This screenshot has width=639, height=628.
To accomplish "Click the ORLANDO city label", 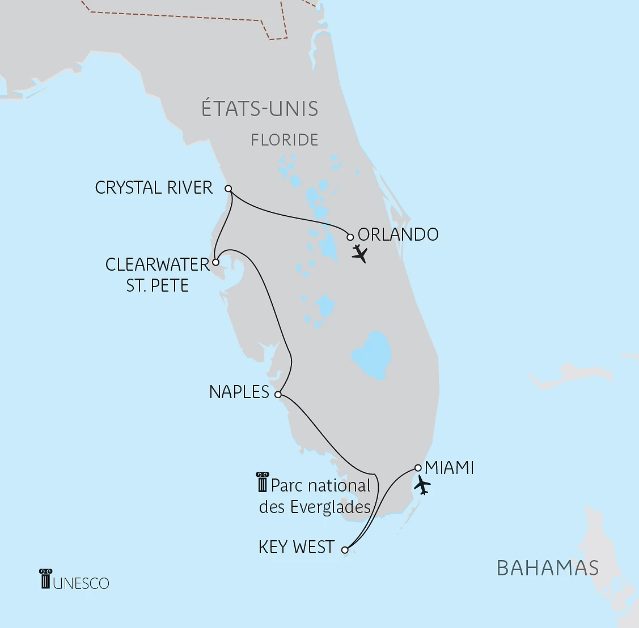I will (x=398, y=234).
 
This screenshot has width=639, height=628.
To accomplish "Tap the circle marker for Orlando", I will (x=350, y=237).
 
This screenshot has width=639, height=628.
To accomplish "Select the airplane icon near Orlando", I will (x=359, y=254).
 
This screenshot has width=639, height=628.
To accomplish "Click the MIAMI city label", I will (x=449, y=468).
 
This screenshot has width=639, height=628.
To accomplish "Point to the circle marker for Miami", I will (x=418, y=468).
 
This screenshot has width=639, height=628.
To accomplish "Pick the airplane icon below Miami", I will (x=422, y=485).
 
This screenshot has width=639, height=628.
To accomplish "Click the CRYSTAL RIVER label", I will (x=154, y=187).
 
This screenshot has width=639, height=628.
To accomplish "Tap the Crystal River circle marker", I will (x=228, y=189).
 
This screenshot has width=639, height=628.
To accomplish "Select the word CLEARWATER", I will (x=158, y=264).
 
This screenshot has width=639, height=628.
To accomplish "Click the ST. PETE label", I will (x=157, y=285).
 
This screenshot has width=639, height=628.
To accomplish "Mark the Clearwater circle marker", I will (x=215, y=262).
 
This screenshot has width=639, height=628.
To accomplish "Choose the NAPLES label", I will (x=239, y=392).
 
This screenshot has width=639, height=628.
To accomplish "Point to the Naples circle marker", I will (x=278, y=395).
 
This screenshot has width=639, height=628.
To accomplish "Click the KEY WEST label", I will (x=296, y=547).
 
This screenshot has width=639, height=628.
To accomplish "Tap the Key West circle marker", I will (x=345, y=549).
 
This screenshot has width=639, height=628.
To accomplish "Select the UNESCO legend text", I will (x=81, y=583).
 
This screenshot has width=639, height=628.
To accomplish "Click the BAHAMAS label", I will (x=547, y=567).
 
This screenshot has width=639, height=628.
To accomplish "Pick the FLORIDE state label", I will (x=284, y=140).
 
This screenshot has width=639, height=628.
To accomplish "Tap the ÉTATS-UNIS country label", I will (x=260, y=109).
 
